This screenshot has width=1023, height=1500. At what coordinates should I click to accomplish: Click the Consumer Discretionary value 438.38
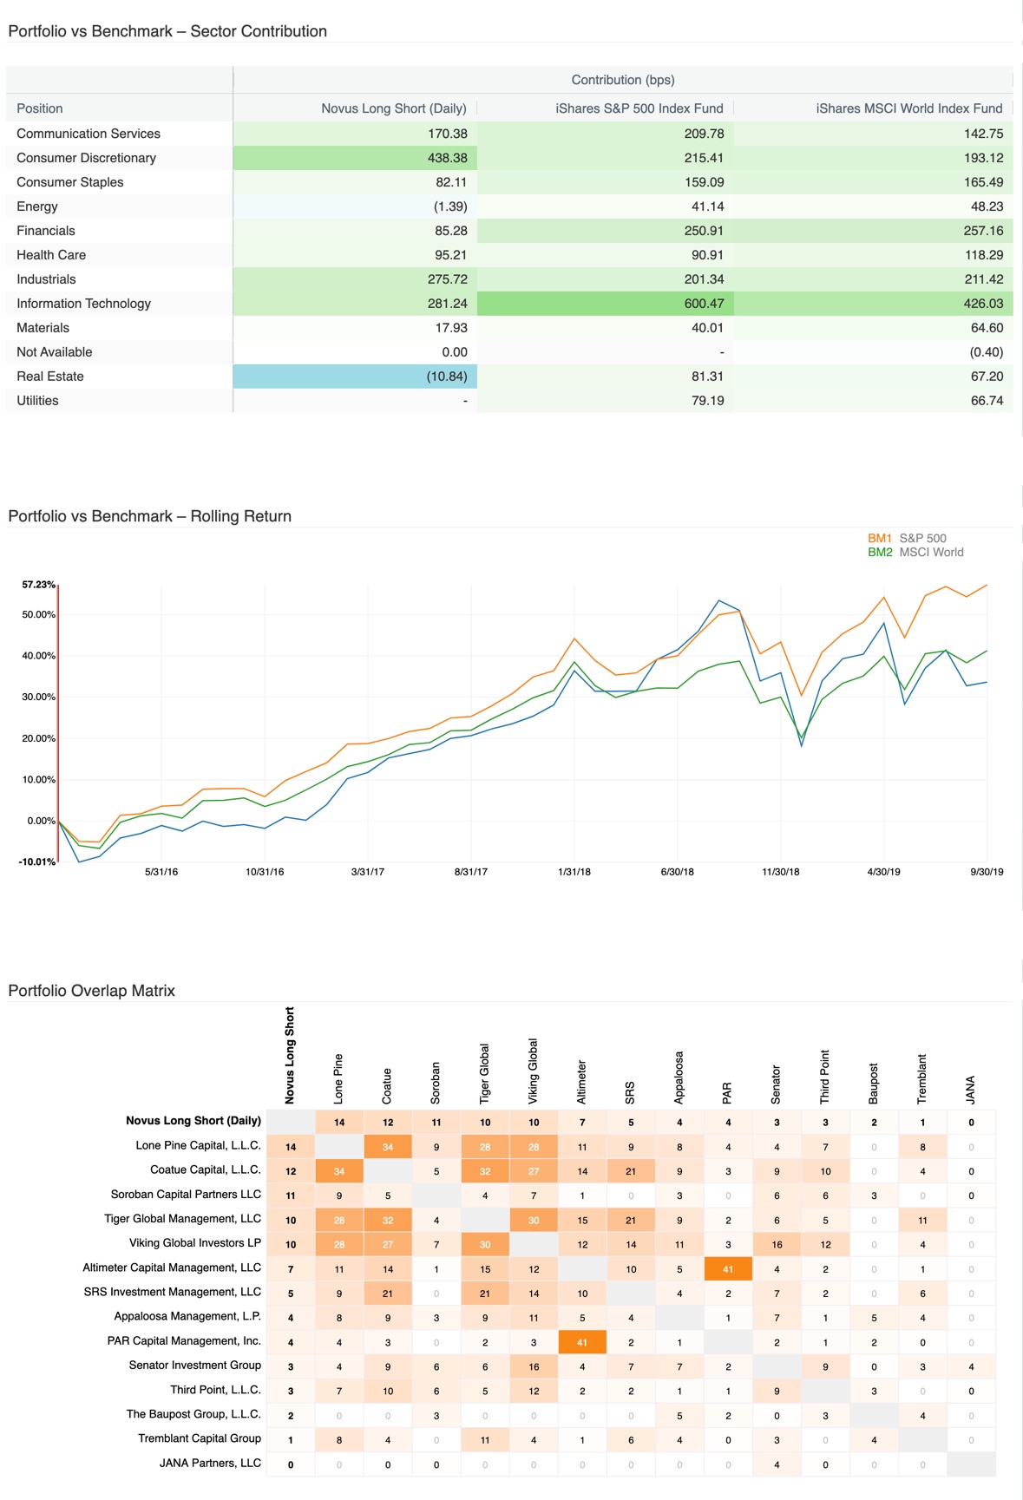(x=447, y=158)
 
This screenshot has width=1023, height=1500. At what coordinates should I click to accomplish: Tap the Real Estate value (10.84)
(x=446, y=377)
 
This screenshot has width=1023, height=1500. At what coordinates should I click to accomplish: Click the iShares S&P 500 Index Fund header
(x=639, y=108)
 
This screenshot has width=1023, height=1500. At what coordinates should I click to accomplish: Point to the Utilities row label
(x=37, y=401)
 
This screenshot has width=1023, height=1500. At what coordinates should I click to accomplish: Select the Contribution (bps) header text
(x=622, y=80)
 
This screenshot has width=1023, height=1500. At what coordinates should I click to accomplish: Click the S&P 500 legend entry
(x=922, y=538)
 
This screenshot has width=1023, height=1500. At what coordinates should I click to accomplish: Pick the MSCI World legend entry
(x=931, y=552)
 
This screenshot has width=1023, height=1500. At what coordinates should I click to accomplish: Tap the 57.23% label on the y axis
(x=38, y=585)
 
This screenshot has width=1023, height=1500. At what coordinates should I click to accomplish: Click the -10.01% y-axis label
(x=36, y=861)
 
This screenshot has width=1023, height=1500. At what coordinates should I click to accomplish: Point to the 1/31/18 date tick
(x=574, y=872)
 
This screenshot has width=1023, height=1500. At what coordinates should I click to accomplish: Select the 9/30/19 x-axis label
(x=987, y=872)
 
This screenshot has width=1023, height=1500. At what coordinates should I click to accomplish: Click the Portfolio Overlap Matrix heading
(x=91, y=991)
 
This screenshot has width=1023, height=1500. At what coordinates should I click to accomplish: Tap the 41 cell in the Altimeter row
(x=728, y=1268)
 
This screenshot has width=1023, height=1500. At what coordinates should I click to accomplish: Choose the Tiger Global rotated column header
(x=485, y=1073)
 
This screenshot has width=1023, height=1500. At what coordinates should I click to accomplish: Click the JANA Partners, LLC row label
(x=210, y=1463)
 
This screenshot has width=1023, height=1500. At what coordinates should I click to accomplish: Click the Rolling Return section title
(x=149, y=516)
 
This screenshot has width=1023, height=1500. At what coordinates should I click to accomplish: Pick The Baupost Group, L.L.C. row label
(x=193, y=1414)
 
